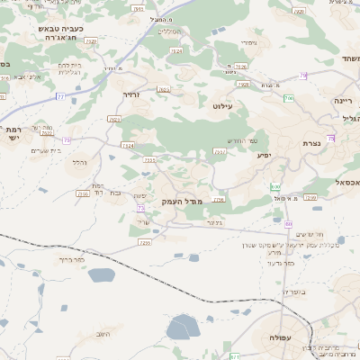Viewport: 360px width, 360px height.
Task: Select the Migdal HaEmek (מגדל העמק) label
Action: click(x=184, y=202)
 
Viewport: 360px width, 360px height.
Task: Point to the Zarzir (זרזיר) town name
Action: click(x=132, y=93)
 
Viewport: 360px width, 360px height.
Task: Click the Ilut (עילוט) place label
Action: click(x=222, y=106)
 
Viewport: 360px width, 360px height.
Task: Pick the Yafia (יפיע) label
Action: click(x=264, y=156)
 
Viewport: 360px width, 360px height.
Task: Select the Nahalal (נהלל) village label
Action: click(x=79, y=162)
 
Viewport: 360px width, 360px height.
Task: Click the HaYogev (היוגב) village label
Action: click(x=107, y=333)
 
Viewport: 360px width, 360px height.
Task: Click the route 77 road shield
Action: click(x=60, y=95)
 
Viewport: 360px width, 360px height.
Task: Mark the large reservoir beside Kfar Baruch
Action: click(x=183, y=328)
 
